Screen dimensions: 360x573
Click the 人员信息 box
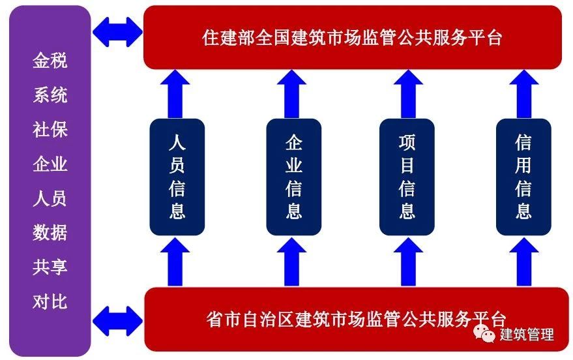coord(177,177)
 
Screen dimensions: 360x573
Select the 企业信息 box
coord(294,177)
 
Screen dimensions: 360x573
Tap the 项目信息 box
coord(407,177)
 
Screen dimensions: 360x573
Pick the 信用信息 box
coord(523,177)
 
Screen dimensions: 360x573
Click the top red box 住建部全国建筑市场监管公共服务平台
coord(352,37)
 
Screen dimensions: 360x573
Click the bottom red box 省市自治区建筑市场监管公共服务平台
coord(352,320)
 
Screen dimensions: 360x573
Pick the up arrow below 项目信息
coord(407,262)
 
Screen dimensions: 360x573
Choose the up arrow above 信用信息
coord(524,93)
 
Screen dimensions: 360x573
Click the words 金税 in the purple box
coord(50,61)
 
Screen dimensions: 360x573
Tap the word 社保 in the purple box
coord(50,130)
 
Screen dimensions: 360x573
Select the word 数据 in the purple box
coord(50,232)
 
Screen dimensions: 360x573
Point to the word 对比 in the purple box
coord(50,301)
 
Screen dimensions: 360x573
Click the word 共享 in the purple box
coord(50,267)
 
